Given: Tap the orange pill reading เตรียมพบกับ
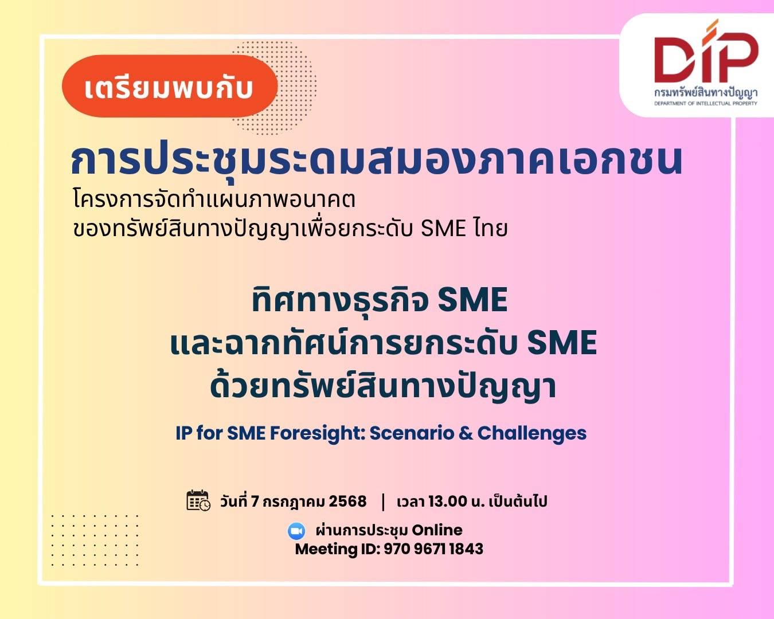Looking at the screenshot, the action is tap(170, 86).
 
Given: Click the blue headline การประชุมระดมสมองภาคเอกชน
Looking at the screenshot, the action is tap(376, 160).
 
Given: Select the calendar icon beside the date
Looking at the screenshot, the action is tap(198, 500).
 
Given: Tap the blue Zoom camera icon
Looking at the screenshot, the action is tap(296, 531).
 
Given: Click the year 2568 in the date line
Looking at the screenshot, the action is tap(347, 501).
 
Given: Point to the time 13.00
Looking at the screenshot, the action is tap(447, 501).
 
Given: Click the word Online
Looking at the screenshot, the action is tap(437, 530).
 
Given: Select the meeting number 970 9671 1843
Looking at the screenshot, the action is tap(433, 549).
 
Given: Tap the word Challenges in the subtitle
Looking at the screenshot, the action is tap(532, 433).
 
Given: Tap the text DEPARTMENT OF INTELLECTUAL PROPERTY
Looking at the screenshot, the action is tap(706, 103).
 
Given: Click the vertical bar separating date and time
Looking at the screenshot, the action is tap(382, 502).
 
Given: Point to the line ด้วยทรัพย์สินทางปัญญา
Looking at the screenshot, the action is tap(383, 387).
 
